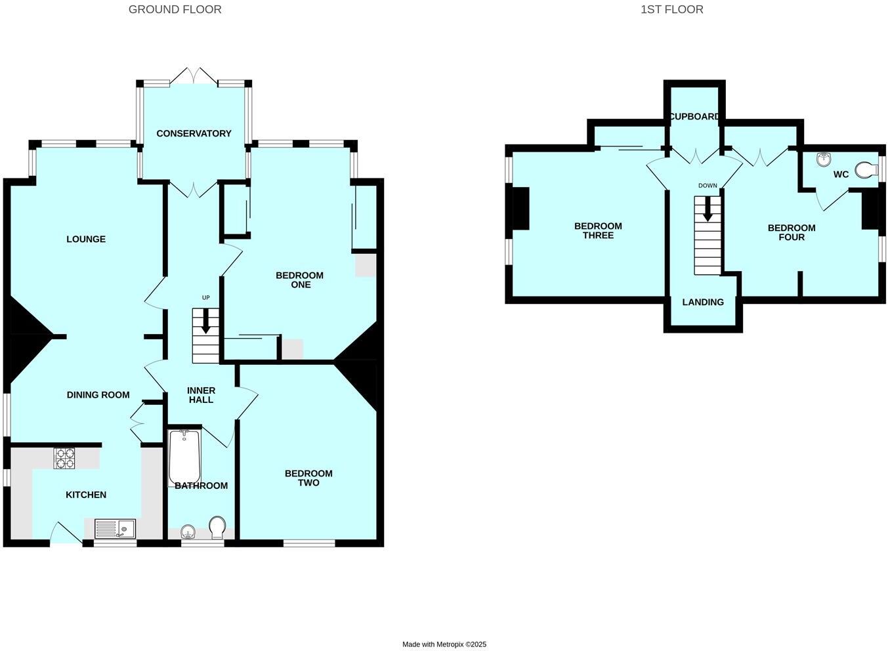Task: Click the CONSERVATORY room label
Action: pos(194,133)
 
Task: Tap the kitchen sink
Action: pos(115,528)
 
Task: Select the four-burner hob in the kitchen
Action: pos(64,457)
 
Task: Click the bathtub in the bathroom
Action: pos(184,457)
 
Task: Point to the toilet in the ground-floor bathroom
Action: pos(217,527)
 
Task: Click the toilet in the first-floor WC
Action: pos(868,171)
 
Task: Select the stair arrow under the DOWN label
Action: pos(708,209)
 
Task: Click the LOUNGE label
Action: pos(86,239)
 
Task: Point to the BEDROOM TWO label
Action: pos(308,478)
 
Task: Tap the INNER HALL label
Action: pos(201,395)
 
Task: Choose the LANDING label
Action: pos(703,302)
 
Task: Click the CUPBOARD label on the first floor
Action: pos(694,116)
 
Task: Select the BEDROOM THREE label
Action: pos(598,230)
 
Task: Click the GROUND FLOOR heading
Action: pos(175,9)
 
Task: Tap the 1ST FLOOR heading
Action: pos(671,9)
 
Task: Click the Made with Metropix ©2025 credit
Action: pos(444,644)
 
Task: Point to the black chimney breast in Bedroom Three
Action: pos(520,208)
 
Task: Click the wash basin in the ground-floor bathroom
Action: pos(188,531)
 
